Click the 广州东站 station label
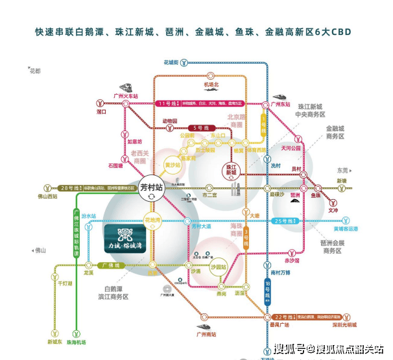[280, 103]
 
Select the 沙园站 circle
[219, 267]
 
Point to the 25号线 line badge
[280, 221]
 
